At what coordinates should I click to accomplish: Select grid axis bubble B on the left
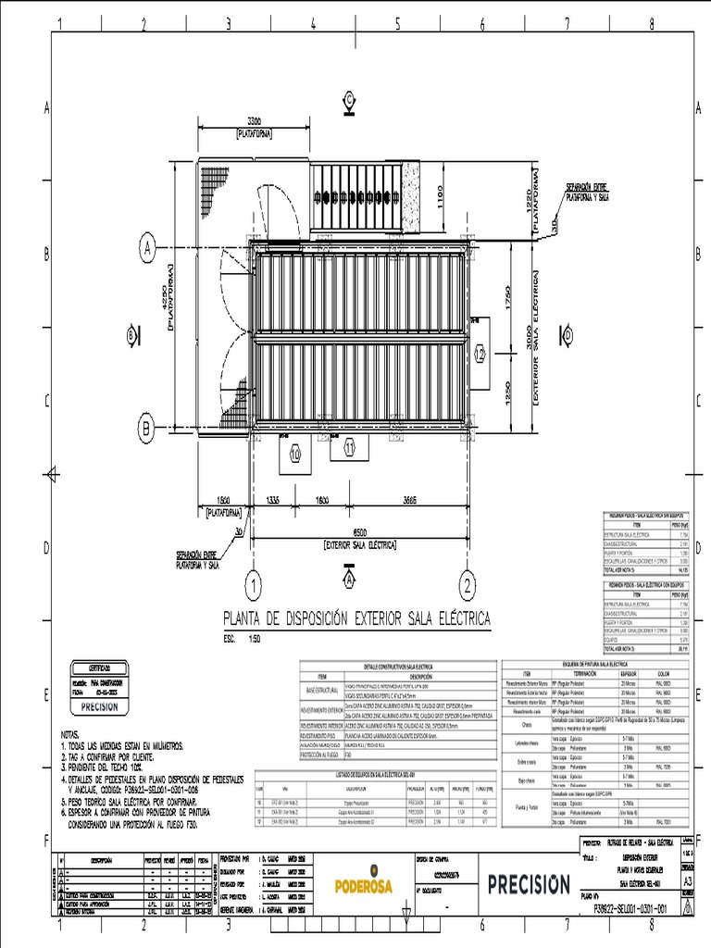click(146, 428)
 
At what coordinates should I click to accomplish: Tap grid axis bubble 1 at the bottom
click(251, 583)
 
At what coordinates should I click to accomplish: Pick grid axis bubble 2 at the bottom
click(468, 583)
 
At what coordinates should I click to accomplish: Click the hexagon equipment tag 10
click(295, 455)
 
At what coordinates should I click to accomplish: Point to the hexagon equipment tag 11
click(349, 447)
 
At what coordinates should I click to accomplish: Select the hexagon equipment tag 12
click(480, 354)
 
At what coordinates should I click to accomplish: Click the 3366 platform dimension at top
click(245, 120)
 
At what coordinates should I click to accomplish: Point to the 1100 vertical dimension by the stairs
click(441, 197)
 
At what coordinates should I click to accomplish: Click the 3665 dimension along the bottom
click(408, 501)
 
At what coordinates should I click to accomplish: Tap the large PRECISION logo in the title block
click(530, 883)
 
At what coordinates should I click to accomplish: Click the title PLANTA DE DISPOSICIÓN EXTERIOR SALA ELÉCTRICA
click(356, 618)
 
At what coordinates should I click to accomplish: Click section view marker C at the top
click(349, 98)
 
